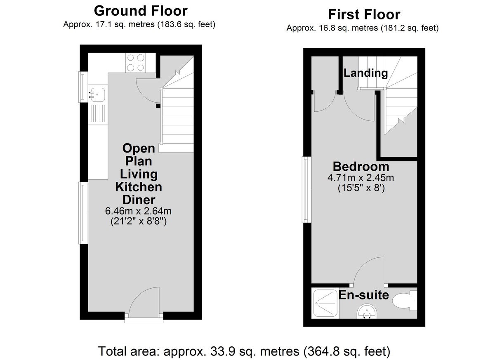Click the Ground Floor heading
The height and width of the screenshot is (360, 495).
click(x=141, y=11)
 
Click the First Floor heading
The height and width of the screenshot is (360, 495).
click(x=364, y=14)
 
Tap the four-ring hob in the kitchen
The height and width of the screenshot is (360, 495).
click(x=136, y=63)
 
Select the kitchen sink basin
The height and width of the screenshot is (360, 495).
click(x=97, y=95)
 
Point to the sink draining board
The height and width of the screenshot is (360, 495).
click(x=98, y=113)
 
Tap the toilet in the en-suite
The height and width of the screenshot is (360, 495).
click(x=405, y=301)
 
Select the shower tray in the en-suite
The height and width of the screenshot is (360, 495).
click(x=325, y=303)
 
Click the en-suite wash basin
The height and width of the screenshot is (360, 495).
click(x=367, y=311)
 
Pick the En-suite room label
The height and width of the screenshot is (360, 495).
click(x=364, y=295)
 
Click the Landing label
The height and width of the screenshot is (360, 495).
click(x=366, y=73)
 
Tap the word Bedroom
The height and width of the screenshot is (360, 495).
click(x=361, y=167)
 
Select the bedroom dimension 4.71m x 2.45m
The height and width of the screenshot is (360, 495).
click(x=361, y=178)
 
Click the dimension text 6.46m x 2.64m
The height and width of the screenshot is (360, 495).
click(x=138, y=211)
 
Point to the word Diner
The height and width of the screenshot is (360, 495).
click(x=139, y=200)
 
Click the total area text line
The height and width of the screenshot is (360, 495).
click(x=244, y=351)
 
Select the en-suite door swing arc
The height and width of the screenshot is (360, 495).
click(x=369, y=271)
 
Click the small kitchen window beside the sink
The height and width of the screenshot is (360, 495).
click(x=83, y=87)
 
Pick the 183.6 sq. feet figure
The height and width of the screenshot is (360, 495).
click(x=186, y=24)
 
